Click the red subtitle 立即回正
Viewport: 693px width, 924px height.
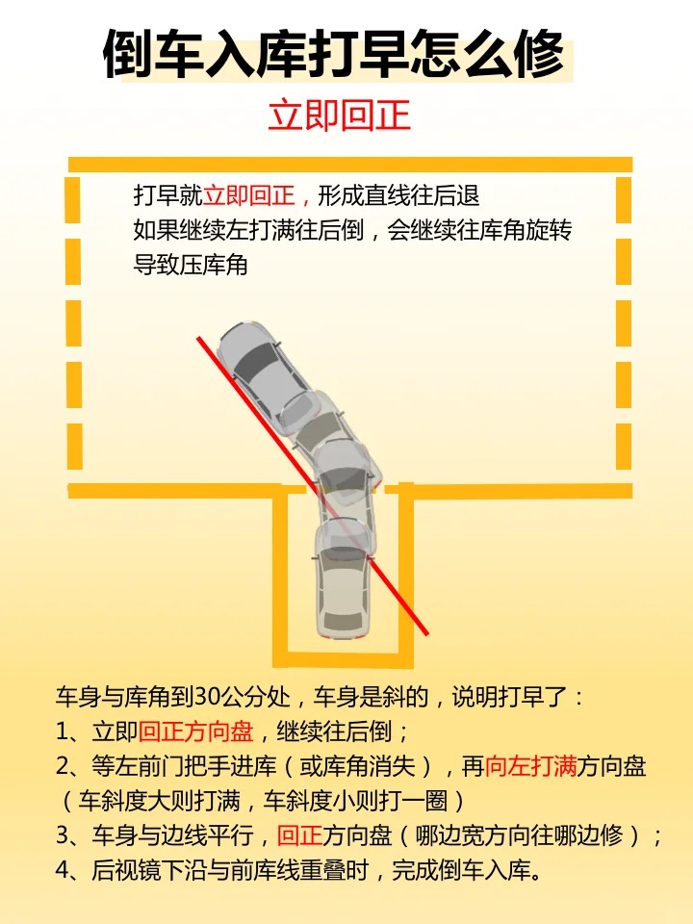click(339, 115)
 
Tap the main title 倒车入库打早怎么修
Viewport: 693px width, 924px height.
click(334, 55)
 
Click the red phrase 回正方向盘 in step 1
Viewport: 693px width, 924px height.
click(196, 731)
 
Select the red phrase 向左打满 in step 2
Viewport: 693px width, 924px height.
click(530, 766)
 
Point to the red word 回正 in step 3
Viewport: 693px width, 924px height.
click(299, 835)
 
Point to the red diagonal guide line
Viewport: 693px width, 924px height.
click(312, 485)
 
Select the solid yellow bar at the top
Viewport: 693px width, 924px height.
click(350, 165)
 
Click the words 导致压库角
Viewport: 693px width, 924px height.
click(191, 266)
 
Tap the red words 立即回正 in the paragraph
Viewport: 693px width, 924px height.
click(248, 195)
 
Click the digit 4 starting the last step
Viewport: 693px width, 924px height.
click(64, 870)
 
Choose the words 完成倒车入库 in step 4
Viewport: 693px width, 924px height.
click(461, 870)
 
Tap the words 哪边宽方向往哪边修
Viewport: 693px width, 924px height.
click(519, 835)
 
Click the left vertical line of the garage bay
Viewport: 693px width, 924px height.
click(280, 576)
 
